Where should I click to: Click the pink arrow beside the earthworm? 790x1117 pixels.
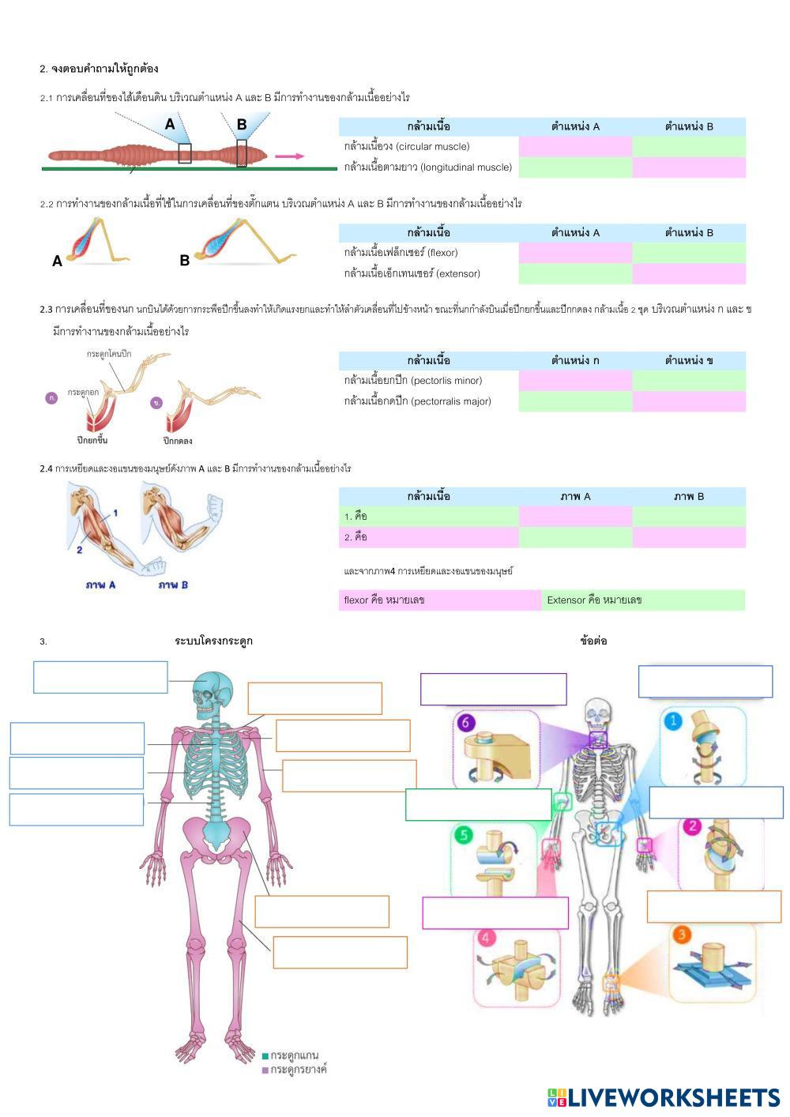pyautogui.click(x=289, y=156)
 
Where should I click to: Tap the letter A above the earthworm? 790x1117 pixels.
pyautogui.click(x=170, y=125)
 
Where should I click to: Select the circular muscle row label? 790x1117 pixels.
pyautogui.click(x=407, y=146)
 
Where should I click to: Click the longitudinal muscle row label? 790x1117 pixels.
pyautogui.click(x=427, y=167)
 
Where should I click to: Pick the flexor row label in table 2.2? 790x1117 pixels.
pyautogui.click(x=401, y=253)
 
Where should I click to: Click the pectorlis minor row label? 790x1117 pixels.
pyautogui.click(x=412, y=381)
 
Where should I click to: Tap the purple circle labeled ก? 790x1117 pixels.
pyautogui.click(x=52, y=398)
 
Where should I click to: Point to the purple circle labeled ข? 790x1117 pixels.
pyautogui.click(x=156, y=403)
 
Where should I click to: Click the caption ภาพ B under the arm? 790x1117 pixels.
pyautogui.click(x=173, y=585)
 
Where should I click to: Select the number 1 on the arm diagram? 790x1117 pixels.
pyautogui.click(x=115, y=513)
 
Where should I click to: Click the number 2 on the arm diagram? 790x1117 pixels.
pyautogui.click(x=79, y=550)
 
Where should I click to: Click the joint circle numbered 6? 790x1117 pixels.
pyautogui.click(x=467, y=722)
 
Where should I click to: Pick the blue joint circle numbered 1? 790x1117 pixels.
pyautogui.click(x=674, y=720)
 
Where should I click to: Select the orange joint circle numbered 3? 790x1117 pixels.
pyautogui.click(x=682, y=935)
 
